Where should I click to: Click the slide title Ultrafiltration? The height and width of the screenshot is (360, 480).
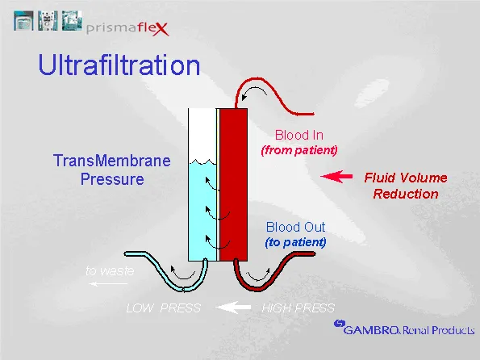click(x=119, y=65)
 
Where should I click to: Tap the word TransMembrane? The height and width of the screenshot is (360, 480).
click(x=112, y=160)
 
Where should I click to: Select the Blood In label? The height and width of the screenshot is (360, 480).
click(x=298, y=136)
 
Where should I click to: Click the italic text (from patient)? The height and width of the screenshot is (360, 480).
click(x=298, y=150)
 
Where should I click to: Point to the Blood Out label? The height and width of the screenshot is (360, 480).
click(x=296, y=228)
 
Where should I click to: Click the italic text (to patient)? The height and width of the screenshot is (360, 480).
click(x=296, y=242)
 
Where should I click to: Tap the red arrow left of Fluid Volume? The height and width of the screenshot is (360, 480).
click(x=336, y=176)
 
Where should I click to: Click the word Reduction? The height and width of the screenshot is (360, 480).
click(x=406, y=194)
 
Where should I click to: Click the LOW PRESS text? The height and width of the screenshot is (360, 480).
click(x=164, y=308)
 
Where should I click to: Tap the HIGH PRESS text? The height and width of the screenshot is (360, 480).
click(x=298, y=308)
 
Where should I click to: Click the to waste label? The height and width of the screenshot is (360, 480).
click(x=110, y=271)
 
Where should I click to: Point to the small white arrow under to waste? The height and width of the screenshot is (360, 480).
click(x=102, y=284)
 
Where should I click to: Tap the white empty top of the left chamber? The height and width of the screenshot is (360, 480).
click(x=201, y=133)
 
